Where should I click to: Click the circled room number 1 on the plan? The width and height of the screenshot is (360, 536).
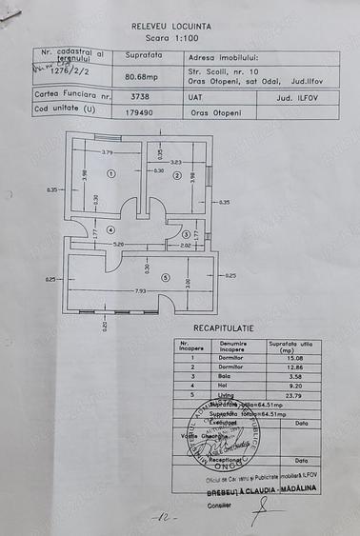click(110, 174)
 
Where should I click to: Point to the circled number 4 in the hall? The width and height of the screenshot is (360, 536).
click(110, 229)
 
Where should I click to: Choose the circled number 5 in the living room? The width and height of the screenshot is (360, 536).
click(163, 277)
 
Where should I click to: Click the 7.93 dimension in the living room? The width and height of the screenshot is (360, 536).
click(141, 289)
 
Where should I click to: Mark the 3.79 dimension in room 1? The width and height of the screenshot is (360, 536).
click(108, 151)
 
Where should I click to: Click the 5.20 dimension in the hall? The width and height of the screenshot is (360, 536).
click(118, 244)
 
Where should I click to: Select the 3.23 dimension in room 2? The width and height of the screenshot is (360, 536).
click(175, 163)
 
